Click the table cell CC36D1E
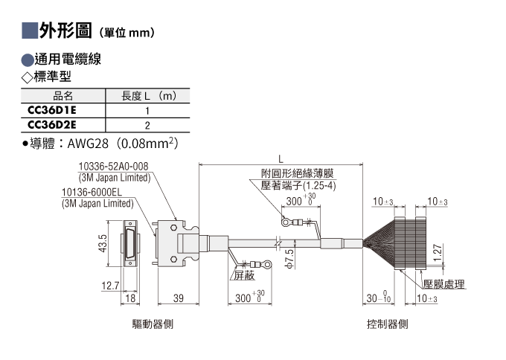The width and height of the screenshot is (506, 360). point(52,110)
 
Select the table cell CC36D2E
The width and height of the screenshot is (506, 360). point(52,125)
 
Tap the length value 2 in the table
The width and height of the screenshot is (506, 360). point(147,126)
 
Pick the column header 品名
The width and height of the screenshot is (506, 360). point(63,96)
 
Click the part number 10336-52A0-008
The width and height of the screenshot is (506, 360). point(114,167)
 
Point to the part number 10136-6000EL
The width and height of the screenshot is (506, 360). point(92,192)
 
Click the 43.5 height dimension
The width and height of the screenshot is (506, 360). point(102,243)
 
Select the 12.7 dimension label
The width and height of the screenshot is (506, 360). point(110,286)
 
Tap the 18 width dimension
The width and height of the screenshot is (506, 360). point(130,298)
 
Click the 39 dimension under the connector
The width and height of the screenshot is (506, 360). point(179,298)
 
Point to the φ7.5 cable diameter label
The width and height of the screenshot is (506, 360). point(289,259)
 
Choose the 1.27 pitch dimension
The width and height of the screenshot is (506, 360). point(438,253)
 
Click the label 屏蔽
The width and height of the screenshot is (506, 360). point(244,275)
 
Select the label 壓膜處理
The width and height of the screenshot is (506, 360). point(444,284)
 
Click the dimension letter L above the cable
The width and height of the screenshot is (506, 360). point(281,158)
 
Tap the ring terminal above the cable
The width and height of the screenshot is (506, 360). point(286,222)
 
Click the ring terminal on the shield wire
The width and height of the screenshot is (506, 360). point(267,265)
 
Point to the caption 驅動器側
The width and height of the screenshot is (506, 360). point(153,324)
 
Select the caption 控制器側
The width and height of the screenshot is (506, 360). point(387,324)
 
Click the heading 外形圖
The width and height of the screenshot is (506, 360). point(65,31)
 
